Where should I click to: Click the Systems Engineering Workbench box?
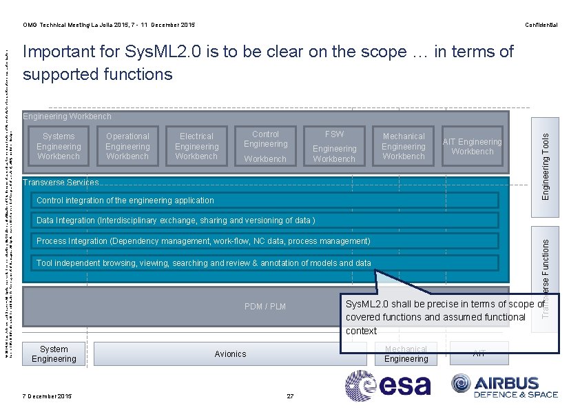click(x=59, y=146)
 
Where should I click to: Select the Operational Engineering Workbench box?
click(x=127, y=146)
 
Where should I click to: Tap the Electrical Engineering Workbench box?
click(x=196, y=146)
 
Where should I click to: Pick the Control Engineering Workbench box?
click(x=265, y=146)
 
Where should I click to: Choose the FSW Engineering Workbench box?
click(x=334, y=146)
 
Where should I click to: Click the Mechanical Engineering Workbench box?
click(x=404, y=146)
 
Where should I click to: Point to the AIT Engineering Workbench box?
click(x=473, y=146)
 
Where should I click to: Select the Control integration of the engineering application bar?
click(x=266, y=201)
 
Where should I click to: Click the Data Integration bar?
click(x=266, y=221)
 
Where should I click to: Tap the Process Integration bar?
click(x=266, y=241)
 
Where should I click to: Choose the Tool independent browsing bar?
click(x=266, y=263)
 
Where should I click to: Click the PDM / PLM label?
click(x=265, y=306)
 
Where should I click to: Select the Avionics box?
click(x=230, y=353)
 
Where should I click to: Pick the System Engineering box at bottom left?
click(x=54, y=353)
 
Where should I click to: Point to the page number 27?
click(x=290, y=396)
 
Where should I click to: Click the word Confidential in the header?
click(x=541, y=25)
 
